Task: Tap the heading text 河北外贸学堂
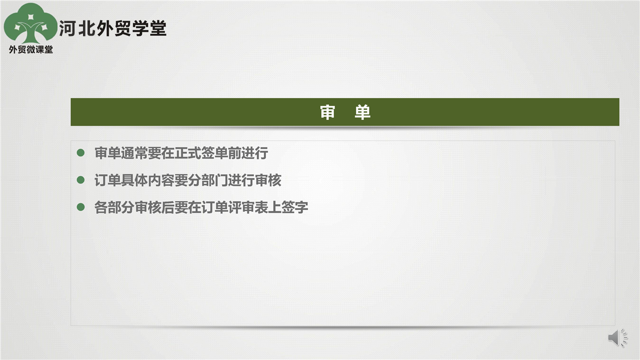pos(112,28)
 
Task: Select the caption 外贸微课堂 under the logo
pos(31,49)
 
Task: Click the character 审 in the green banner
pos(327,112)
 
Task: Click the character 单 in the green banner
pos(362,112)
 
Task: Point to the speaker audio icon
pos(617,338)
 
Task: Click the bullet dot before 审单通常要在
pos(80,152)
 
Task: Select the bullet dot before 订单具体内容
pos(80,180)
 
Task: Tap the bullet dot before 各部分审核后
pos(80,207)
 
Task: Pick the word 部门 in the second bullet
pos(214,180)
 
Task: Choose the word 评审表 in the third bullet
pos(248,207)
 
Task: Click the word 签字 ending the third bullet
pos(295,207)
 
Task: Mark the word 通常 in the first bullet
pos(134,153)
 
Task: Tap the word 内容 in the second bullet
pos(161,180)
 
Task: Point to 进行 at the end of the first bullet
pos(255,153)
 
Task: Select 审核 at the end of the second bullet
pos(268,180)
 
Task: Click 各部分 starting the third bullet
pos(114,207)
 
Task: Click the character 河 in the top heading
pos(67,28)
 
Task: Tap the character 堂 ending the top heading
pos(158,28)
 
